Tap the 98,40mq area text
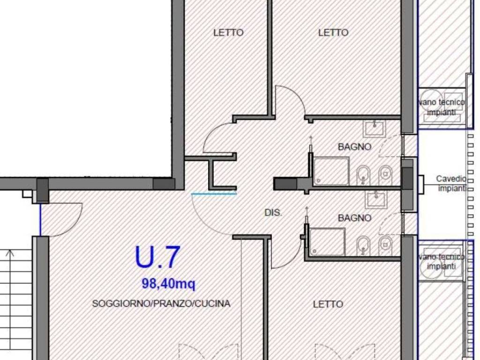tap(168, 283)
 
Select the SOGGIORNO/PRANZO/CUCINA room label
tap(161, 303)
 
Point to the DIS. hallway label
tap(273, 212)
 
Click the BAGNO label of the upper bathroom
tap(354, 147)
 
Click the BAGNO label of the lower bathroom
tap(354, 218)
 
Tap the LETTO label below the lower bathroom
tap(328, 304)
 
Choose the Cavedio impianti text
tap(451, 183)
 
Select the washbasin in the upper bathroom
tap(375, 128)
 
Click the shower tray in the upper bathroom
tap(331, 171)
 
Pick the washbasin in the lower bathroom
tap(376, 199)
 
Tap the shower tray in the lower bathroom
tap(328, 241)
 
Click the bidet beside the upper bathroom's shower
tap(363, 175)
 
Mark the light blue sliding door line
tap(214, 194)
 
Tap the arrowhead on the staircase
tap(10, 253)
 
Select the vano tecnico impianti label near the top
tap(442, 107)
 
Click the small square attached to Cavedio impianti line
tap(420, 185)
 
